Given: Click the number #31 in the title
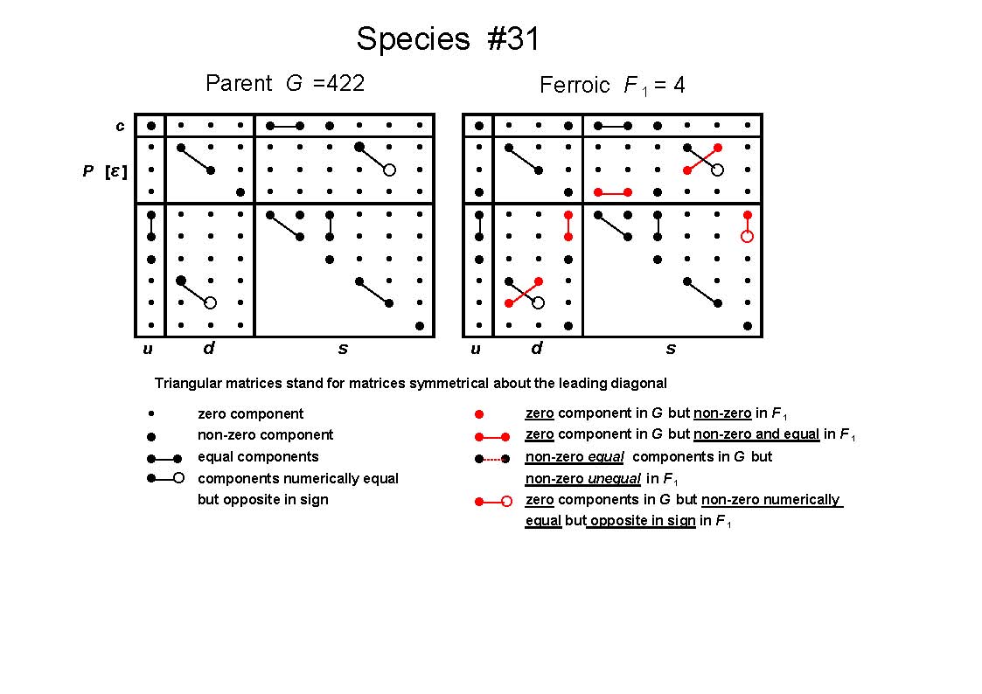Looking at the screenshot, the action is click(x=512, y=38).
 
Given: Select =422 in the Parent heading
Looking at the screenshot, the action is click(x=338, y=83).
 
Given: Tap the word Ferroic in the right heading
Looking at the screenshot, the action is click(x=575, y=85).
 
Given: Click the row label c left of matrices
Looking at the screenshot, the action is click(x=120, y=127).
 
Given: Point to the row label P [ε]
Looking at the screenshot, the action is click(x=105, y=170).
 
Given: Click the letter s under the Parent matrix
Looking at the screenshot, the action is click(x=343, y=349).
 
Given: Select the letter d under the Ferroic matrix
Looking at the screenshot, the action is click(x=537, y=347).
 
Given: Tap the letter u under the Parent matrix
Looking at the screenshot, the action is click(x=148, y=349).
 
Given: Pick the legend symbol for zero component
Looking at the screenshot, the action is click(x=151, y=413).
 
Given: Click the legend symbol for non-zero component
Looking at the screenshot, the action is click(x=151, y=436).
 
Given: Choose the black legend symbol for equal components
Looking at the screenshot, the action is click(x=164, y=459).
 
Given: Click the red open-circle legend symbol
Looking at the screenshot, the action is click(x=493, y=501).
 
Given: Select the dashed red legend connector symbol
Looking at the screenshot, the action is click(x=492, y=459).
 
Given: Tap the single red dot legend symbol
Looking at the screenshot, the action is click(x=479, y=414).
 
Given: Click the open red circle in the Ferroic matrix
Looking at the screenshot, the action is click(x=747, y=237).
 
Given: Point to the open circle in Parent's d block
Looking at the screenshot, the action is click(x=211, y=303).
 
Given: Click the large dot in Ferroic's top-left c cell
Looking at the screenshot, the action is click(x=479, y=126).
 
